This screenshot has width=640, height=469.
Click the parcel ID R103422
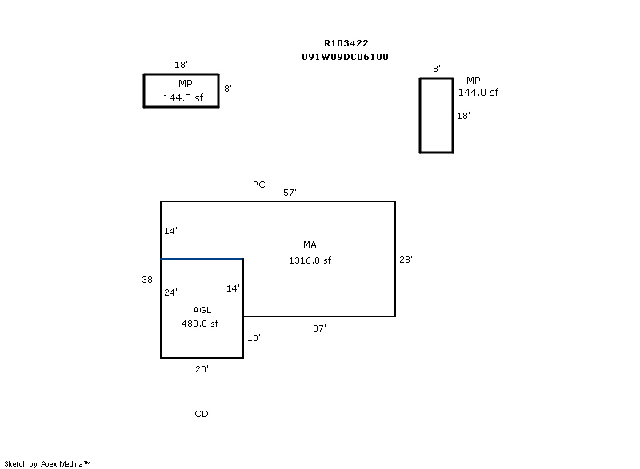point(346,43)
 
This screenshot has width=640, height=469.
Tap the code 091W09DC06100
point(345,57)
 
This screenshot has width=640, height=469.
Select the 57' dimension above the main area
point(290,193)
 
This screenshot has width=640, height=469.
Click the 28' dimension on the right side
point(406,260)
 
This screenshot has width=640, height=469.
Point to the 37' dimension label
point(319,328)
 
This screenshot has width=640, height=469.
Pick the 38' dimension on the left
point(148,280)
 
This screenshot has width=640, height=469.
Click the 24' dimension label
point(170,292)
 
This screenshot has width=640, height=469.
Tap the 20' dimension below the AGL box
point(202,369)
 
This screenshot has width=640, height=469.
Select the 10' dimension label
point(254,338)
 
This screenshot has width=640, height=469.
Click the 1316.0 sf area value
point(310,260)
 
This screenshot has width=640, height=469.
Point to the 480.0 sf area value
point(199,324)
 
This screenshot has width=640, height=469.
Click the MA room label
point(310,244)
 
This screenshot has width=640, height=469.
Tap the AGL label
point(202,310)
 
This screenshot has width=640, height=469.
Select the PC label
point(258,185)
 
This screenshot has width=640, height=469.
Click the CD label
point(202,414)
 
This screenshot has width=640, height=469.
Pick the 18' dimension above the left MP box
point(181,65)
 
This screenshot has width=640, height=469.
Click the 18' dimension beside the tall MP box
point(463,116)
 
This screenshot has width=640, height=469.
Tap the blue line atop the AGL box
point(202,259)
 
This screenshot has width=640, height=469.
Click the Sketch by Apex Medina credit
point(47,463)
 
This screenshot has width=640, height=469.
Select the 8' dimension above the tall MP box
point(437,69)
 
